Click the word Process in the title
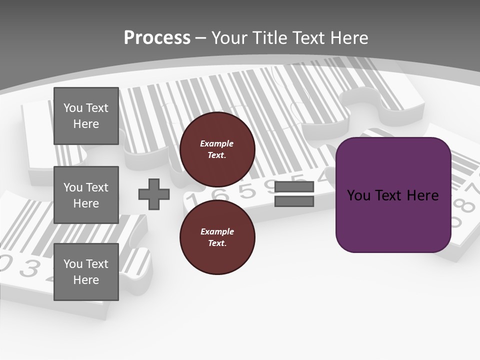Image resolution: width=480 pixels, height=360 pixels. [157, 37]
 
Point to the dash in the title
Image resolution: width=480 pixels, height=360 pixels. [200, 38]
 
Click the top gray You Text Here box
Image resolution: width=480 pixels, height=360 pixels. [86, 116]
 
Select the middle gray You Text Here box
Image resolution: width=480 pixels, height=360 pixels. [86, 195]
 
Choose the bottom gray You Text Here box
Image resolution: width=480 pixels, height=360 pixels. [86, 272]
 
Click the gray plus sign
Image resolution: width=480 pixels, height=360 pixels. [154, 194]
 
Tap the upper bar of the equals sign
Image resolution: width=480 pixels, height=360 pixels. [294, 186]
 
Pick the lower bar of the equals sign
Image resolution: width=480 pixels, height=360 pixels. [294, 201]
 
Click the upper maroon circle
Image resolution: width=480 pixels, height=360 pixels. [217, 149]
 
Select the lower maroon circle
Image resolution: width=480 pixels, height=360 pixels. [217, 237]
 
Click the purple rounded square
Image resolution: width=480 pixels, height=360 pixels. [393, 194]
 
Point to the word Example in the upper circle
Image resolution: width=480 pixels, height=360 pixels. [217, 143]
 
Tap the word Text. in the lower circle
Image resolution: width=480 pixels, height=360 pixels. [217, 243]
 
